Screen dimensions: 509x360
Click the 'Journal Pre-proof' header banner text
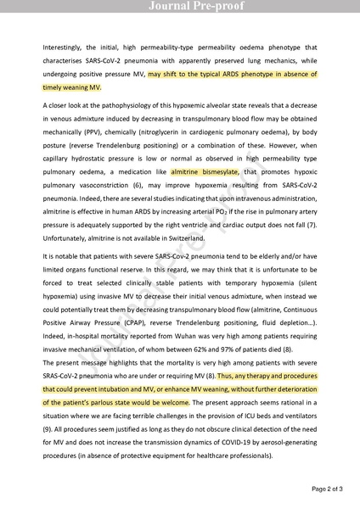pyautogui.click(x=180, y=7)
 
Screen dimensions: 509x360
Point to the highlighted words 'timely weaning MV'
pyautogui.click(x=71, y=87)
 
